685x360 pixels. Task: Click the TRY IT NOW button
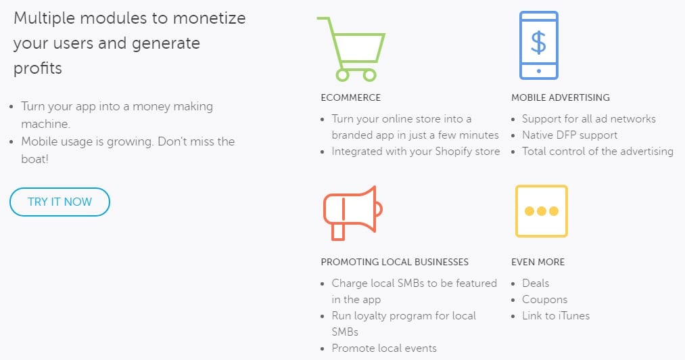click(x=60, y=202)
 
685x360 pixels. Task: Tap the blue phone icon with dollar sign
click(x=539, y=45)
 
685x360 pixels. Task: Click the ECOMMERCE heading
click(x=351, y=97)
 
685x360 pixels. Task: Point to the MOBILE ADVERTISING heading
click(x=561, y=97)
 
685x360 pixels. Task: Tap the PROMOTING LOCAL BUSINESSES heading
click(x=394, y=262)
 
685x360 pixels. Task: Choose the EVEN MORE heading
click(x=538, y=262)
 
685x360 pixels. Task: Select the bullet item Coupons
click(x=545, y=300)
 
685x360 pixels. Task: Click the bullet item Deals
click(x=536, y=283)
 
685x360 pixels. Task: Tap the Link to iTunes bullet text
click(x=556, y=316)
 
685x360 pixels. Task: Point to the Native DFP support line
click(x=569, y=135)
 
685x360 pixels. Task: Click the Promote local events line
click(x=384, y=348)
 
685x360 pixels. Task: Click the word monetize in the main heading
click(x=209, y=18)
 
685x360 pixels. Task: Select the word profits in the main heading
click(x=38, y=68)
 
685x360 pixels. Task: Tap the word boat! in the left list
click(x=34, y=159)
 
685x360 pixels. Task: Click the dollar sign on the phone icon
click(x=538, y=43)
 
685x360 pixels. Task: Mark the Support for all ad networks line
click(x=589, y=119)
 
